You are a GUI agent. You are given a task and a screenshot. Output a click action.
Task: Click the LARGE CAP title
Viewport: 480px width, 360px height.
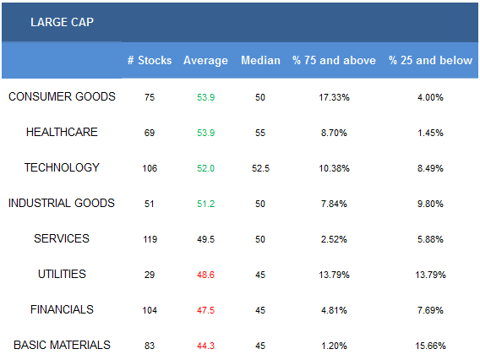pyautogui.click(x=62, y=22)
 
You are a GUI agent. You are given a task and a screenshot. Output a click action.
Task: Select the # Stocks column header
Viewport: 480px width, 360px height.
pyautogui.click(x=150, y=60)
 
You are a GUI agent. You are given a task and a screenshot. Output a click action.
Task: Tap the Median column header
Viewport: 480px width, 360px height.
pyautogui.click(x=260, y=60)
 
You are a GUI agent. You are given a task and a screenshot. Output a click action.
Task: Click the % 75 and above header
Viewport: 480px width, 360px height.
pyautogui.click(x=334, y=60)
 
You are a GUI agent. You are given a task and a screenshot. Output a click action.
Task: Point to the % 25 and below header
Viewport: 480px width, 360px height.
pyautogui.click(x=430, y=60)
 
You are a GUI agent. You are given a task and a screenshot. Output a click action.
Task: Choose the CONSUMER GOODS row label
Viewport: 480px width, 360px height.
pyautogui.click(x=62, y=96)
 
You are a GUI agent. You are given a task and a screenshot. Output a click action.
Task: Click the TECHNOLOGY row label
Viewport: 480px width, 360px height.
pyautogui.click(x=62, y=168)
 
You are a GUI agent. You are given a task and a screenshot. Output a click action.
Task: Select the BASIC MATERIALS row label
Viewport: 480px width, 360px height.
pyautogui.click(x=62, y=346)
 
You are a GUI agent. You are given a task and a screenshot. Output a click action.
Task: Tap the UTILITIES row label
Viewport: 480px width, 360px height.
pyautogui.click(x=62, y=275)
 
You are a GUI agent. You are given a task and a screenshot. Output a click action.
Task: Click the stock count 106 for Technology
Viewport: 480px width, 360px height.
pyautogui.click(x=150, y=168)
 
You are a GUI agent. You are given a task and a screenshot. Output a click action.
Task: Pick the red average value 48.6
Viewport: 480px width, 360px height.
pyautogui.click(x=205, y=275)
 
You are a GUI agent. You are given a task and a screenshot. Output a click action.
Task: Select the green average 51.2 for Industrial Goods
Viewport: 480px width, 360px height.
pyautogui.click(x=205, y=204)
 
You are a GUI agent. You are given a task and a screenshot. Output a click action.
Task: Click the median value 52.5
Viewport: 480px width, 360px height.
pyautogui.click(x=260, y=168)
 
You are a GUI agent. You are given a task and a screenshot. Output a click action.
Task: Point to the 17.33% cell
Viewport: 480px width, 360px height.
pyautogui.click(x=334, y=97)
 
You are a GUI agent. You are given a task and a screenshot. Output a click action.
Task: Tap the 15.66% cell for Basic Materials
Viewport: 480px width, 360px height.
pyautogui.click(x=430, y=346)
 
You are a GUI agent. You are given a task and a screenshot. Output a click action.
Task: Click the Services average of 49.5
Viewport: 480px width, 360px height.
pyautogui.click(x=205, y=239)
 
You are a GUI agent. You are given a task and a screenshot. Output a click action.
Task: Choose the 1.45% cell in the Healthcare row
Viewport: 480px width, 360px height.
pyautogui.click(x=430, y=133)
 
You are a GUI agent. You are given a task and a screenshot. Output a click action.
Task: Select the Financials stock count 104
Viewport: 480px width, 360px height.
pyautogui.click(x=150, y=310)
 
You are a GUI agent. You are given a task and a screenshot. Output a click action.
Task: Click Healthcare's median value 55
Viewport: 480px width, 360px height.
pyautogui.click(x=260, y=133)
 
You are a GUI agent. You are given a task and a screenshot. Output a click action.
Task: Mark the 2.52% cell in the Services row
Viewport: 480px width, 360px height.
pyautogui.click(x=334, y=239)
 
